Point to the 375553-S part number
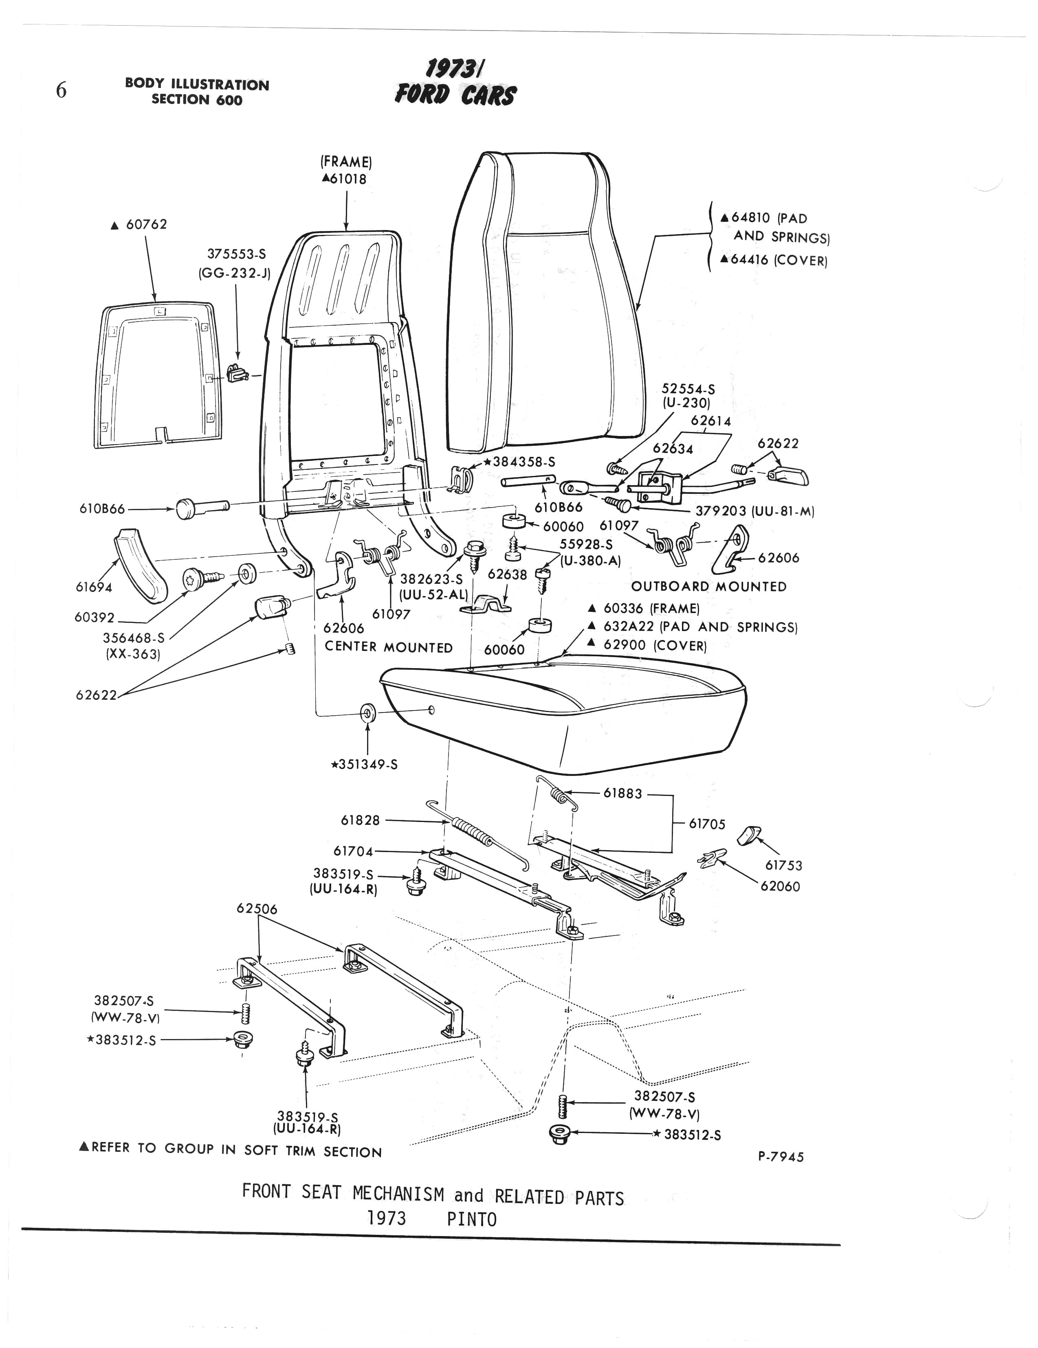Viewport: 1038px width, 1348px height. pyautogui.click(x=236, y=254)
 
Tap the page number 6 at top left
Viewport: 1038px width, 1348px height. pyautogui.click(x=61, y=91)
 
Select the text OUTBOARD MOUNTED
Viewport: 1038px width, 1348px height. pyautogui.click(x=709, y=586)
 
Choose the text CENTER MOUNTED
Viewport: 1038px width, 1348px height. pyautogui.click(x=388, y=647)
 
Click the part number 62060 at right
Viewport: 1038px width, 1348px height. pyautogui.click(x=781, y=886)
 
